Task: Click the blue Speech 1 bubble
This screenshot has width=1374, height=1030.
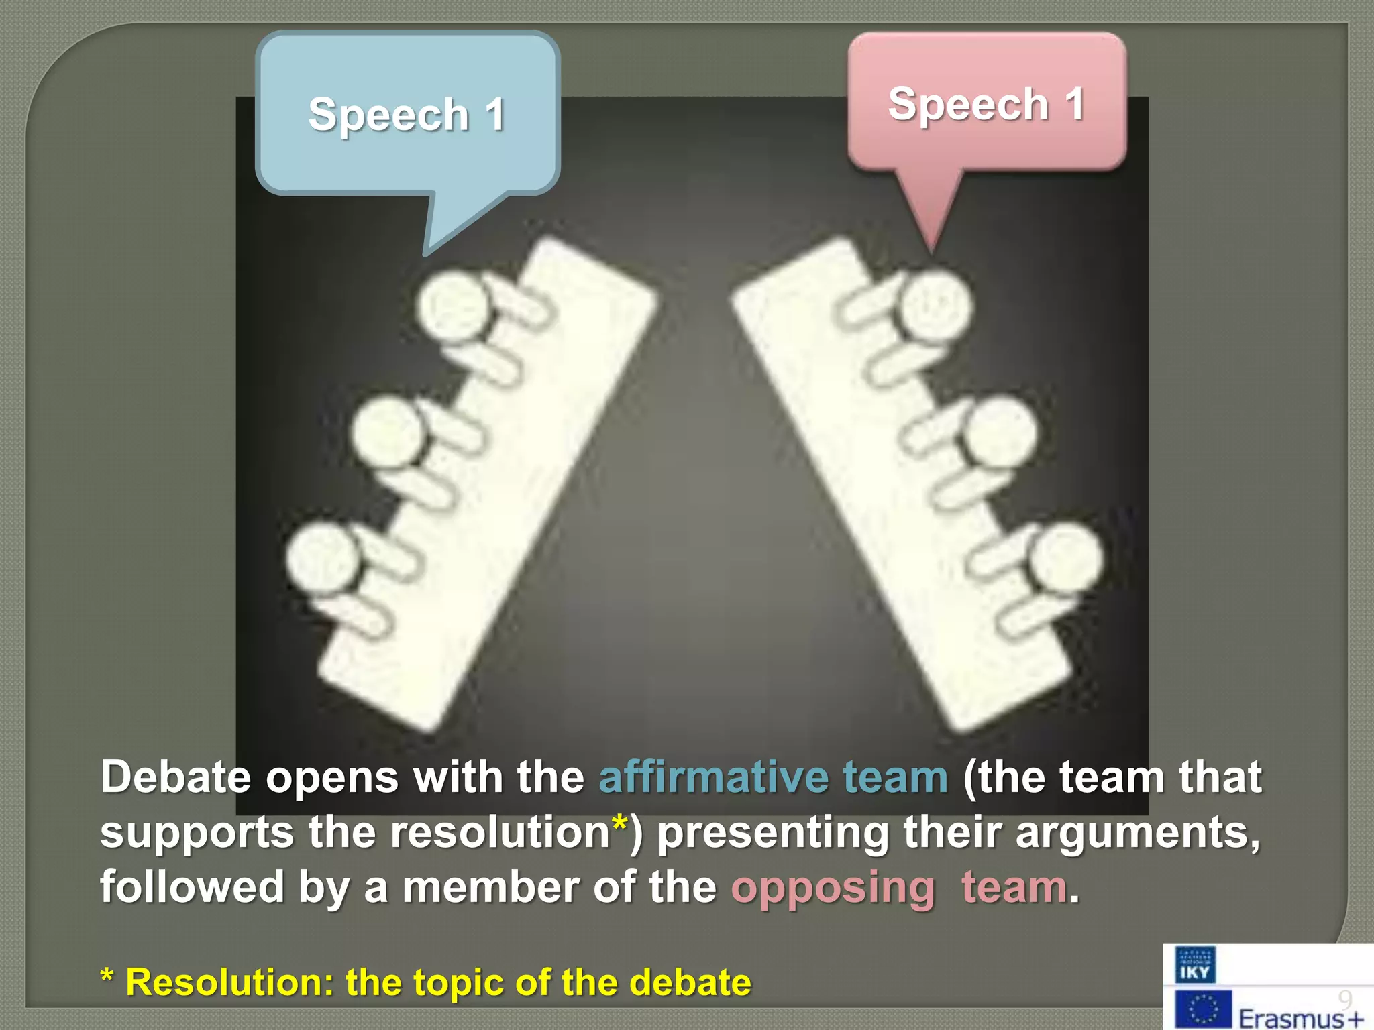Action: (x=407, y=114)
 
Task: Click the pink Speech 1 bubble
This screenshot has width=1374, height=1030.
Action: (x=986, y=104)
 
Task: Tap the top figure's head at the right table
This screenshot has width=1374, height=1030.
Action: (x=935, y=306)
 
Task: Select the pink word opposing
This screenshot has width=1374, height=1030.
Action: (x=832, y=888)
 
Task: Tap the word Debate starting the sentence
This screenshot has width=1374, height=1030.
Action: (x=176, y=778)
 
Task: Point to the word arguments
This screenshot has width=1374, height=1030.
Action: (x=1137, y=833)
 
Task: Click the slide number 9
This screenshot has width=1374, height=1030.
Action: (x=1344, y=999)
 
